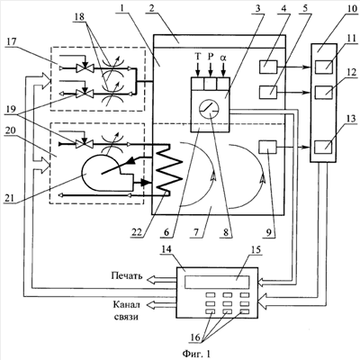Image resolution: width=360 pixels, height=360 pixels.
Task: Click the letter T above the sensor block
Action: (197, 58)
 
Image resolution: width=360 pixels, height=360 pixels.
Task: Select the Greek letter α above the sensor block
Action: (223, 58)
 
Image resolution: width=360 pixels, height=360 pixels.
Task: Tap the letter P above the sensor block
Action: (211, 58)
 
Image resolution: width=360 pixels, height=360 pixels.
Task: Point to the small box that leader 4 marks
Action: (268, 66)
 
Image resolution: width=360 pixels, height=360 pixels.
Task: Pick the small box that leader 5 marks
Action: (268, 90)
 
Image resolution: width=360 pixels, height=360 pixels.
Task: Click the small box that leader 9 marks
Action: (267, 148)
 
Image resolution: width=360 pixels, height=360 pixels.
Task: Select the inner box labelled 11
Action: (324, 67)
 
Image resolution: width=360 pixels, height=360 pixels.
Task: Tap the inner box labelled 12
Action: (324, 92)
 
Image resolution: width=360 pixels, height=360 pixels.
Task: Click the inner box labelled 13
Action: (324, 148)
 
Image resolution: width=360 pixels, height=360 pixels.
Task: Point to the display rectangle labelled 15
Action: (217, 283)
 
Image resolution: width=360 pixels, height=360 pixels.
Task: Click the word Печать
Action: (127, 275)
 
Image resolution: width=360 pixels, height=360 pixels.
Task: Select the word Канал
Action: (127, 305)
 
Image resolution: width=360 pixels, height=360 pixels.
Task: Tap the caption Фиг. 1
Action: (196, 354)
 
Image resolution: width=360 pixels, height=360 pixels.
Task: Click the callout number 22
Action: (137, 233)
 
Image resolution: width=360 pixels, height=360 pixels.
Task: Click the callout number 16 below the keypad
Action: (195, 337)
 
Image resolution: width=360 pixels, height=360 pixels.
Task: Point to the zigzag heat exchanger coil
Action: (169, 170)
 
